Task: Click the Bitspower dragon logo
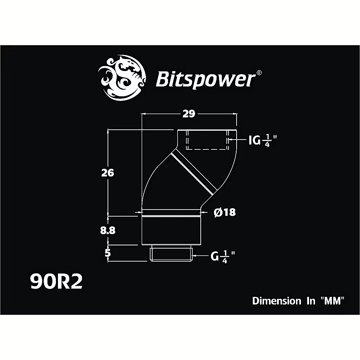click(x=122, y=78)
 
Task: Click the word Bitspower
click(x=206, y=79)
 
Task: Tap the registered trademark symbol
click(x=259, y=72)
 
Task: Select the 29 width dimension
click(x=189, y=114)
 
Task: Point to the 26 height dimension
click(x=108, y=173)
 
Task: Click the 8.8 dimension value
click(x=108, y=230)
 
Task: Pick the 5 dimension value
click(x=108, y=252)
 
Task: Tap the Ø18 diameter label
click(x=225, y=212)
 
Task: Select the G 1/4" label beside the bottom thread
click(x=223, y=256)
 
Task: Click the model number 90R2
click(x=56, y=282)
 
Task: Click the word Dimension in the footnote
click(x=277, y=301)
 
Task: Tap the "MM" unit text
click(x=332, y=301)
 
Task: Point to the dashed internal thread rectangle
click(x=207, y=140)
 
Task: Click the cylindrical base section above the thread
click(x=171, y=230)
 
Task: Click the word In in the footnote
click(x=310, y=301)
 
